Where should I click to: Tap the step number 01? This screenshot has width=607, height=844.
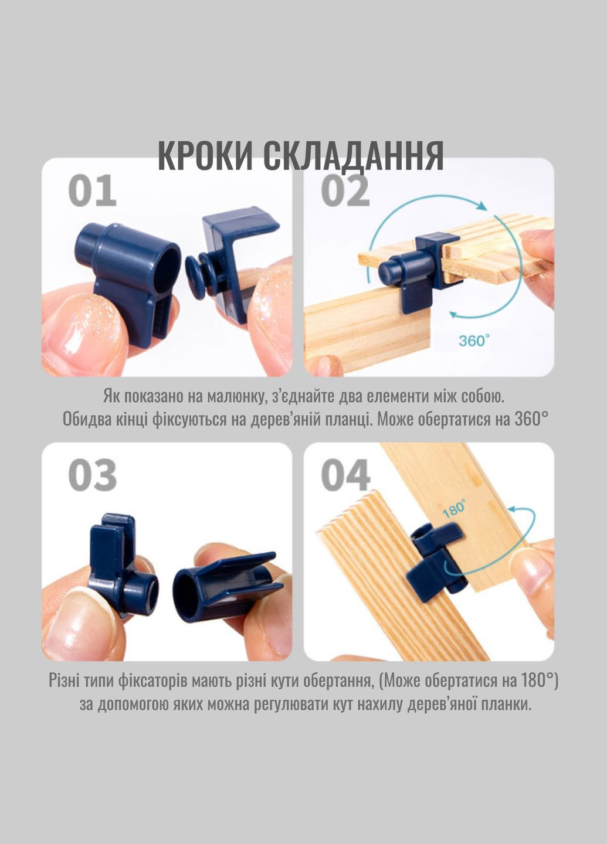92,192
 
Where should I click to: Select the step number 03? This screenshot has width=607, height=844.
92,475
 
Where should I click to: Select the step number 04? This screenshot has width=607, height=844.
345,475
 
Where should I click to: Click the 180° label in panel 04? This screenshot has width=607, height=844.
455,508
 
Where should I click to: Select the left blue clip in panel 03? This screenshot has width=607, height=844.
120,563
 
